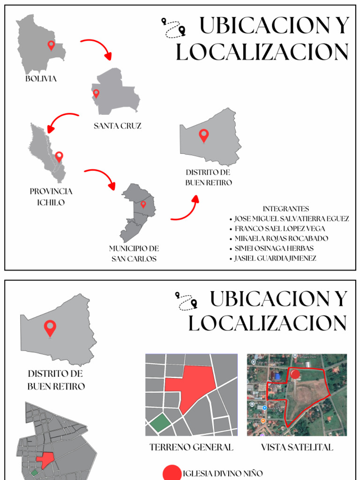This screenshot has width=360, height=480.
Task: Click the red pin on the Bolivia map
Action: click(51, 45)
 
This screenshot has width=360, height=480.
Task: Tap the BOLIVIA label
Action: click(41, 79)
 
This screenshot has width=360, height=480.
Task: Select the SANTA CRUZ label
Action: click(117, 126)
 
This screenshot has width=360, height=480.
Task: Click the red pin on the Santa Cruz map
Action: click(96, 93)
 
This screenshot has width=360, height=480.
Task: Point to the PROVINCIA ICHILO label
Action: click(51, 197)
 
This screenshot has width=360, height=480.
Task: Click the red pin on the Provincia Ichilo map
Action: click(59, 157)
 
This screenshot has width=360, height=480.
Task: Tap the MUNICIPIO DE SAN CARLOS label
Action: click(134, 253)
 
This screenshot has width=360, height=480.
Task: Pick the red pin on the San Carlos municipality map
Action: click(143, 204)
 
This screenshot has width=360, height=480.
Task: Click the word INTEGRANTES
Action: click(285, 209)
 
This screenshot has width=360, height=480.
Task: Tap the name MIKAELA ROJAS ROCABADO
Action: click(281, 239)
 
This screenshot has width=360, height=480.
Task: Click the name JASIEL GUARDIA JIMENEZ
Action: click(275, 258)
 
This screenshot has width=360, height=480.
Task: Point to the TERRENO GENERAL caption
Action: click(191, 447)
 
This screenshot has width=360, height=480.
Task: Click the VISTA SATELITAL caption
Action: click(297, 447)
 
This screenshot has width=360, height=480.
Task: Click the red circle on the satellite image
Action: click(295, 374)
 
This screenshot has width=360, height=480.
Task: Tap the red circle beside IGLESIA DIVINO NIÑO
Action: click(172, 472)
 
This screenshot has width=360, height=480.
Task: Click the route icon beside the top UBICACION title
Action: click(173, 27)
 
